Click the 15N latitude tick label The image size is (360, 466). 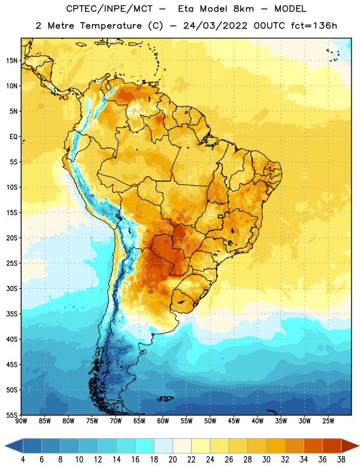click(x=12, y=61)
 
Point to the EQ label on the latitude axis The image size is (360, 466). click(x=13, y=137)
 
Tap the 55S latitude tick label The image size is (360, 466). click(x=12, y=415)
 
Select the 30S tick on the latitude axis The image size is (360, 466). click(x=12, y=288)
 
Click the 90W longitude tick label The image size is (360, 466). click(x=21, y=421)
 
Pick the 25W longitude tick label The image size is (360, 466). click(x=328, y=421)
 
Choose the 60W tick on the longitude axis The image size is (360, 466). click(x=163, y=421)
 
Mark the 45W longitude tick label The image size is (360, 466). click(x=234, y=421)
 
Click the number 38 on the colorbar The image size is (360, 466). click(x=341, y=460)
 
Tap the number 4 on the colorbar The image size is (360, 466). click(x=23, y=460)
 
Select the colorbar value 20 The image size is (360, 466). click(x=172, y=460)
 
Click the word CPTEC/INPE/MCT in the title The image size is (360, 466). click(x=110, y=9)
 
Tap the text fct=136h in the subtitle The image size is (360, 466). click(x=314, y=26)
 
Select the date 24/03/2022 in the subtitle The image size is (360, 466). click(x=215, y=26)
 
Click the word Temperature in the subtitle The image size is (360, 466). click(x=111, y=26)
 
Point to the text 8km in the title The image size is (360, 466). click(x=243, y=9)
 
